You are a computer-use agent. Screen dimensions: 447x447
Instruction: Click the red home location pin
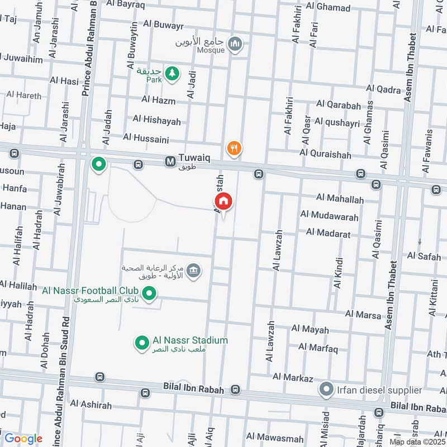[223, 201]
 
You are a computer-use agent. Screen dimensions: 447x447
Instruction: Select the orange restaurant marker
[234, 148]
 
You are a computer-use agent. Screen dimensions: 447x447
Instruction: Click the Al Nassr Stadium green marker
[142, 341]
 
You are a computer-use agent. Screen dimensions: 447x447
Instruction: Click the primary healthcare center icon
[193, 271]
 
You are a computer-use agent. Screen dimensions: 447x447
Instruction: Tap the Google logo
[23, 439]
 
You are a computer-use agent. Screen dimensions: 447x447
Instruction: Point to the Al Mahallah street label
[339, 199]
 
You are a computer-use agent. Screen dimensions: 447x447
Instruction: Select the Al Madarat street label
[328, 233]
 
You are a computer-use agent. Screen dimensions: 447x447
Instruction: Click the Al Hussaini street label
[146, 137]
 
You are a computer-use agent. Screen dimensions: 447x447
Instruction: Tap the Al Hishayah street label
[156, 120]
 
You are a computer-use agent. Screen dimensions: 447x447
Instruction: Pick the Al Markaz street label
[293, 378]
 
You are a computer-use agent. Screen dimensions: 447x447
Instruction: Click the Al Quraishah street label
[325, 153]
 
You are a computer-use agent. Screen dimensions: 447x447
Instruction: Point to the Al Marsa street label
[363, 315]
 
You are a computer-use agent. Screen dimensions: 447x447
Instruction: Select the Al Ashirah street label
[91, 405]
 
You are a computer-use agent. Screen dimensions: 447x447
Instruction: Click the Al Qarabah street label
[338, 104]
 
